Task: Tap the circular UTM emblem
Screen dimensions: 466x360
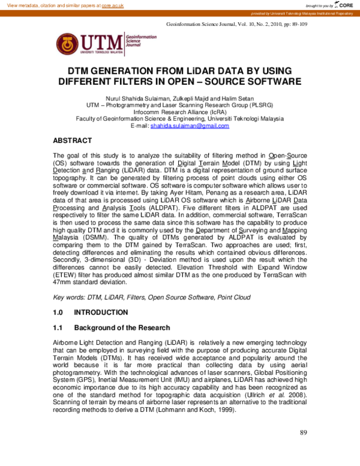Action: pyautogui.click(x=67, y=43)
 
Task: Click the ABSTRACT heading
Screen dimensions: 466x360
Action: pyautogui.click(x=73, y=141)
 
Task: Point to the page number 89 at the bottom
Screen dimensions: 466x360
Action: pyautogui.click(x=303, y=449)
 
